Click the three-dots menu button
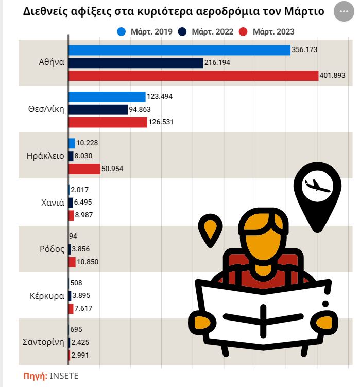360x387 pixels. pos(344,11)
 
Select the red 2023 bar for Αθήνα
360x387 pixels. pos(193,76)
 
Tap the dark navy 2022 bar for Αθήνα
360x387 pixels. pos(135,63)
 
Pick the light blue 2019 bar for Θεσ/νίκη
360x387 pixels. pos(107,96)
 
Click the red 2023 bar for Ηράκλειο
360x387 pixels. pos(84,169)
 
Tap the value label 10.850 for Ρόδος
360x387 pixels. pos(88,262)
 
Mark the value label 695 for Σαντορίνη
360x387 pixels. pos(76,329)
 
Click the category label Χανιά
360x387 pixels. pos(52,203)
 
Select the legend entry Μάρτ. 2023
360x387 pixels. pos(273,32)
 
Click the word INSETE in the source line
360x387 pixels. pos(64,376)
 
